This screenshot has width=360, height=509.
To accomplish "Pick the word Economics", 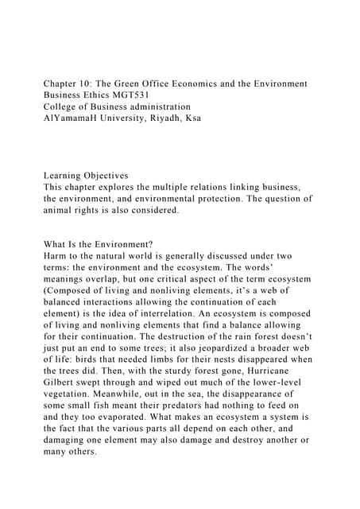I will coord(235,84).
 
